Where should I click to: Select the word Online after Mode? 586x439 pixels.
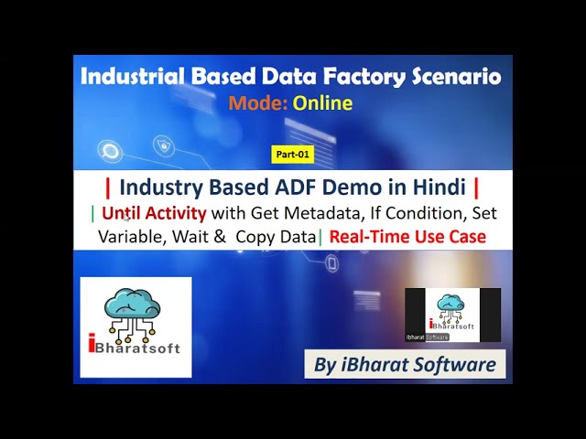pyautogui.click(x=322, y=102)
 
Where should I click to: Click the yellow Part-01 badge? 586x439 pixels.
pyautogui.click(x=293, y=155)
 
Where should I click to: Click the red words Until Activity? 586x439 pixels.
pyautogui.click(x=154, y=213)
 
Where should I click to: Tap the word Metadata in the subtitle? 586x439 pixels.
pyautogui.click(x=320, y=213)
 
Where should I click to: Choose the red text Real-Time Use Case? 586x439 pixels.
pyautogui.click(x=407, y=236)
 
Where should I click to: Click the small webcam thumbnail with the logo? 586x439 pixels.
pyautogui.click(x=452, y=315)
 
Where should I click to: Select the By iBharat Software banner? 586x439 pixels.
pyautogui.click(x=405, y=364)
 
